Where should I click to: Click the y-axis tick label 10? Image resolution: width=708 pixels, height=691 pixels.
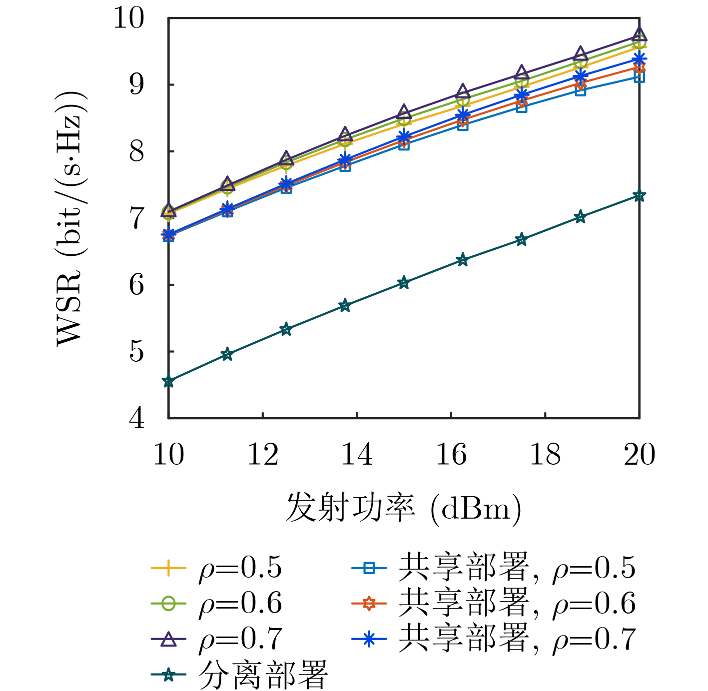128,18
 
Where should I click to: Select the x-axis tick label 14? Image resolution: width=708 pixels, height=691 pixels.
357,455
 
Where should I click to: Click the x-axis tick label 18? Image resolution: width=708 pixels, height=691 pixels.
545,455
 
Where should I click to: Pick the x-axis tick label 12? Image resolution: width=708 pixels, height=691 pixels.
263,455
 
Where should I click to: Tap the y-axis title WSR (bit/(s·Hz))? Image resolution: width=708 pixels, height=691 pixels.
70,218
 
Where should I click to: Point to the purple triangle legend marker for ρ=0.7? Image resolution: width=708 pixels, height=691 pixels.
168,639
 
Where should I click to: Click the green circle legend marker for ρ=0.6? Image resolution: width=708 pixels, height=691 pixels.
168,604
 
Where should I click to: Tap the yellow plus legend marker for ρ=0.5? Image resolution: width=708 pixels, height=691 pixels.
168,568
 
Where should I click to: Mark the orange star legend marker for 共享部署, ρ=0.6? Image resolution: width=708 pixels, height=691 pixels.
369,604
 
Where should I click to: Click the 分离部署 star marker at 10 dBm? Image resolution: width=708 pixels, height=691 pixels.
168,381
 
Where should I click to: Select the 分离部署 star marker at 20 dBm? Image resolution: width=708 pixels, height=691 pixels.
639,195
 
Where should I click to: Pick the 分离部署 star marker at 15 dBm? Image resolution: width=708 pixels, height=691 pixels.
404,283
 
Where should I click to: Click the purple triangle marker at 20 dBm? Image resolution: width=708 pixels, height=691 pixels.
639,35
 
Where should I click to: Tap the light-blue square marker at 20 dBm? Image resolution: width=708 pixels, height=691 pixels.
639,76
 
